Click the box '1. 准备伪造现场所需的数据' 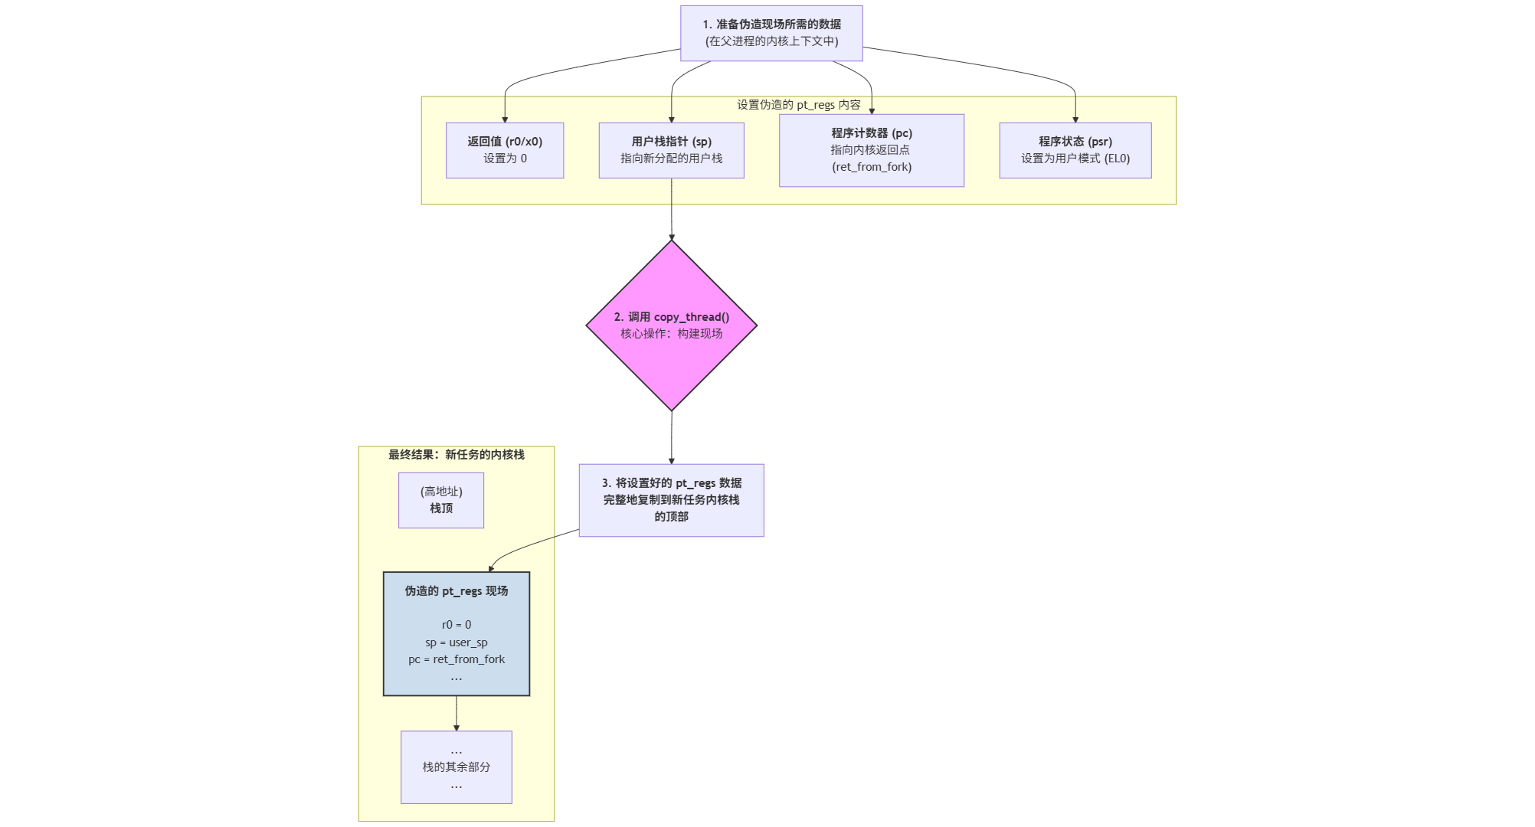[x=771, y=33]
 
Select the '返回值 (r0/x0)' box [x=505, y=150]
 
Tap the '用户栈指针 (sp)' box [x=671, y=150]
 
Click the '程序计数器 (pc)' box [x=871, y=150]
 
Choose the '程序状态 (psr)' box [x=1075, y=150]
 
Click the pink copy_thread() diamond [x=671, y=325]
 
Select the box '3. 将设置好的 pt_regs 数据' [x=671, y=499]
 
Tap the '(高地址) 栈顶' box [x=441, y=500]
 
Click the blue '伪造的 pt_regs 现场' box [x=457, y=633]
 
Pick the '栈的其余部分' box [x=457, y=767]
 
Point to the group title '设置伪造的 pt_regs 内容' [x=798, y=105]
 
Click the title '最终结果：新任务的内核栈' [x=456, y=455]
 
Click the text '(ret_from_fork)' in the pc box [x=872, y=167]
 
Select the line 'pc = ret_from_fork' [x=457, y=659]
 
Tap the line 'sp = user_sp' [x=457, y=642]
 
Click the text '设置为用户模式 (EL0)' [x=1075, y=159]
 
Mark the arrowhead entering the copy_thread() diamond [x=672, y=237]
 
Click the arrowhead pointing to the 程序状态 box [x=1075, y=119]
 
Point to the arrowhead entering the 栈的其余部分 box [x=457, y=727]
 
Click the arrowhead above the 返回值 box [x=505, y=119]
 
